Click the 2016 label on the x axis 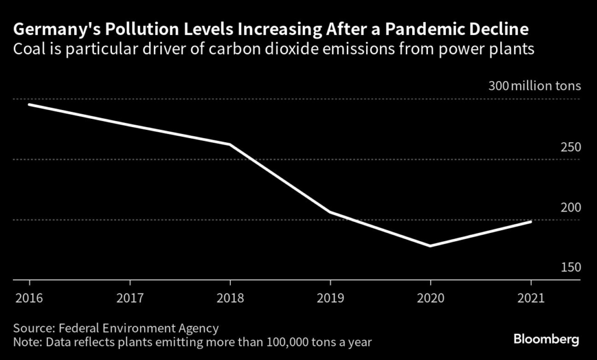tap(28, 298)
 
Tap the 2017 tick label tap(129, 298)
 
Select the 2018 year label tap(230, 298)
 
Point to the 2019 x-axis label tap(330, 298)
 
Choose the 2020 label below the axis tap(431, 298)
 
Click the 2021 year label tap(531, 298)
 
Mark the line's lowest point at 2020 tap(431, 246)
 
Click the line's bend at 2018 tap(230, 144)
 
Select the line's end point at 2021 tap(531, 221)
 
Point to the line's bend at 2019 tap(331, 212)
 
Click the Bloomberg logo tap(546, 338)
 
